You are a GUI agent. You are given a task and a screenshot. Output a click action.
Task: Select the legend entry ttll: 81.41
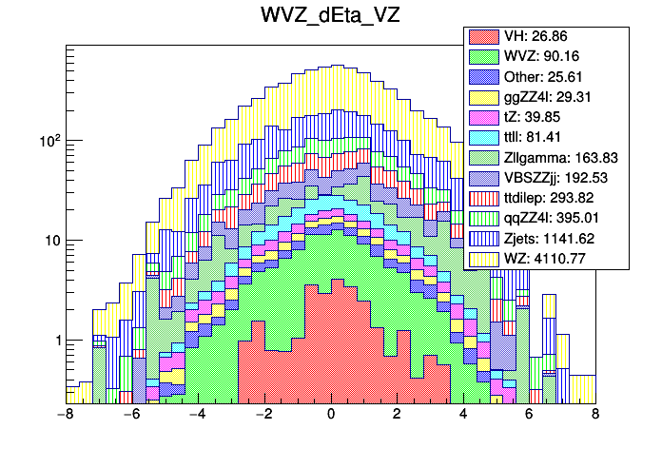[x=546, y=138]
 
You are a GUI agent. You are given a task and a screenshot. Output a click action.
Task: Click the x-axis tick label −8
[x=66, y=416]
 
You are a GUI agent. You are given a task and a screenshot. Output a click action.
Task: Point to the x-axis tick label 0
[x=331, y=416]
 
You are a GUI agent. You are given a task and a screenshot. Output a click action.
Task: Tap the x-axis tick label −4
[x=198, y=416]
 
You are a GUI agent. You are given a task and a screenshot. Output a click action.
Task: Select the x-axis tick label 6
[x=530, y=416]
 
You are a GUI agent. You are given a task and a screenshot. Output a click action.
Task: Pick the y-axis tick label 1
[x=54, y=341]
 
